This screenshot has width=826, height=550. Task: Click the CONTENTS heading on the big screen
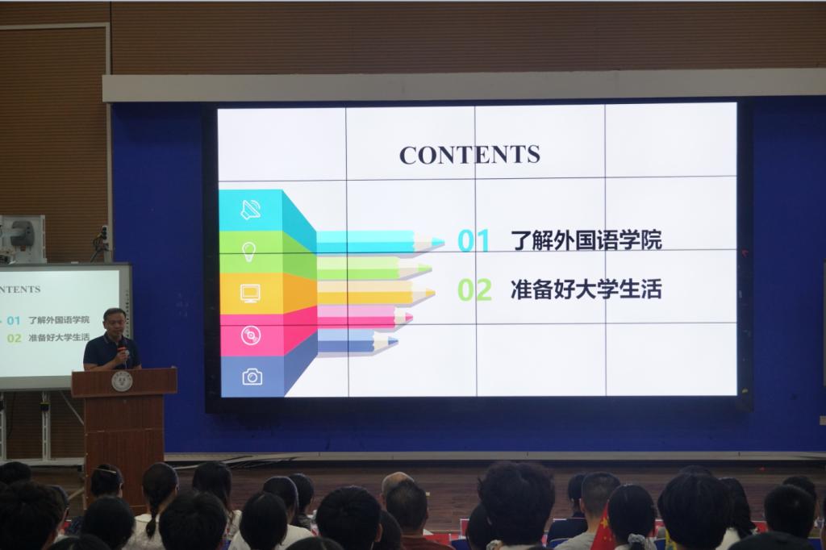pyautogui.click(x=469, y=154)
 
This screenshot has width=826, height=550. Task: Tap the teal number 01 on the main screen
pyautogui.click(x=473, y=241)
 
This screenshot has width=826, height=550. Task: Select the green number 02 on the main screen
pyautogui.click(x=474, y=290)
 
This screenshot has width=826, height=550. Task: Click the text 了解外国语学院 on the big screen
pyautogui.click(x=586, y=240)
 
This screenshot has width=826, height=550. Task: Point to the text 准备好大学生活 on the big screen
pyautogui.click(x=586, y=290)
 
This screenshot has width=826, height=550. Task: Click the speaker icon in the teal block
pyautogui.click(x=251, y=210)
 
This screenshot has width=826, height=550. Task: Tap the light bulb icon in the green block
pyautogui.click(x=248, y=252)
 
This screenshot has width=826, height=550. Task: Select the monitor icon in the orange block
pyautogui.click(x=250, y=293)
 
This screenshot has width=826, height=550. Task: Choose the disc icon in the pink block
pyautogui.click(x=251, y=335)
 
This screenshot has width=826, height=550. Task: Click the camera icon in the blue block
pyautogui.click(x=252, y=377)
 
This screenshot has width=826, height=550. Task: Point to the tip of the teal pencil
pyautogui.click(x=444, y=242)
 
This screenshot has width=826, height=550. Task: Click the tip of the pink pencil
pyautogui.click(x=411, y=318)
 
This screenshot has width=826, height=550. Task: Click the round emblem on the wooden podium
pyautogui.click(x=123, y=381)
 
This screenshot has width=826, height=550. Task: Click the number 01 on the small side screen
pyautogui.click(x=13, y=320)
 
